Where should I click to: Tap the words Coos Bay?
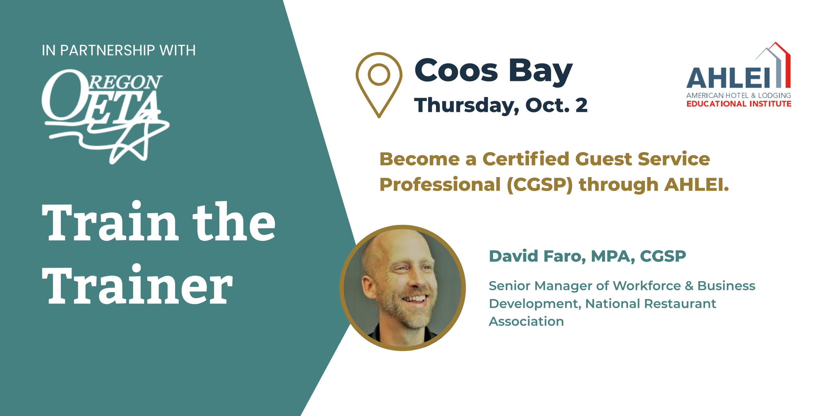pos(493,71)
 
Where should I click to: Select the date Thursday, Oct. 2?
pos(501,105)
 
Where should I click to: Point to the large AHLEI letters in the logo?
pos(728,78)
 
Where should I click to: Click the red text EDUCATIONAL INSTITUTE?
pos(739,104)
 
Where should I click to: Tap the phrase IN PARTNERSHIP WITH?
pos(119,51)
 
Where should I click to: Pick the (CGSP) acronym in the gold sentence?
pos(540,185)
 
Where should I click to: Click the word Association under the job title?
pos(526,321)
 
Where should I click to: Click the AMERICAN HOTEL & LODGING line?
pos(739,96)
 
